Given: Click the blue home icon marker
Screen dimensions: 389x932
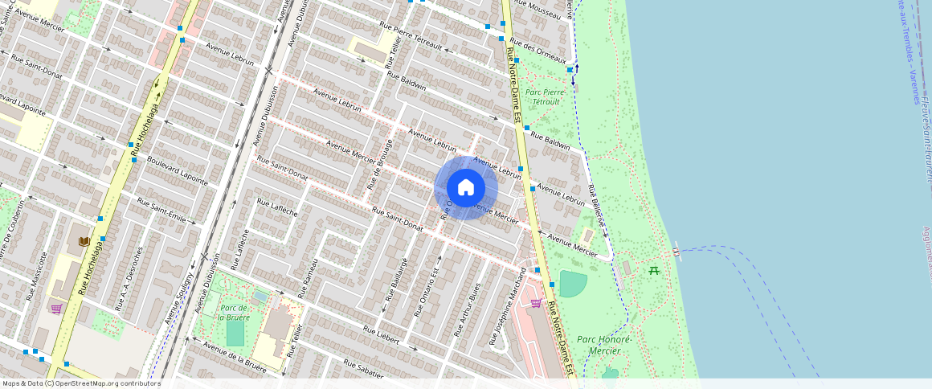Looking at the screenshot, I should pyautogui.click(x=466, y=188).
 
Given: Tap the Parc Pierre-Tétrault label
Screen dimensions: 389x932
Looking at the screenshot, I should pyautogui.click(x=546, y=97).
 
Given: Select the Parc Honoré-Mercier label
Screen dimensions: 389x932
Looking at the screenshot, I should pyautogui.click(x=605, y=345).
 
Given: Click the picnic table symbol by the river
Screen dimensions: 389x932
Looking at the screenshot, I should pyautogui.click(x=655, y=270).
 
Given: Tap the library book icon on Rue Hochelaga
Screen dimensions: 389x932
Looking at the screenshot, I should pyautogui.click(x=84, y=241).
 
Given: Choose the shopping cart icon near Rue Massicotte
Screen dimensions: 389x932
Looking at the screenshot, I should pyautogui.click(x=56, y=308).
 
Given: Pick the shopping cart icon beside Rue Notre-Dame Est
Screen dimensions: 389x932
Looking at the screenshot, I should pyautogui.click(x=536, y=303).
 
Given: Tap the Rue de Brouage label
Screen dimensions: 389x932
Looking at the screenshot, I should pyautogui.click(x=380, y=165).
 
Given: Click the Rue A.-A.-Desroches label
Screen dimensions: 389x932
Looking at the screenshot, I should pyautogui.click(x=132, y=278).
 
